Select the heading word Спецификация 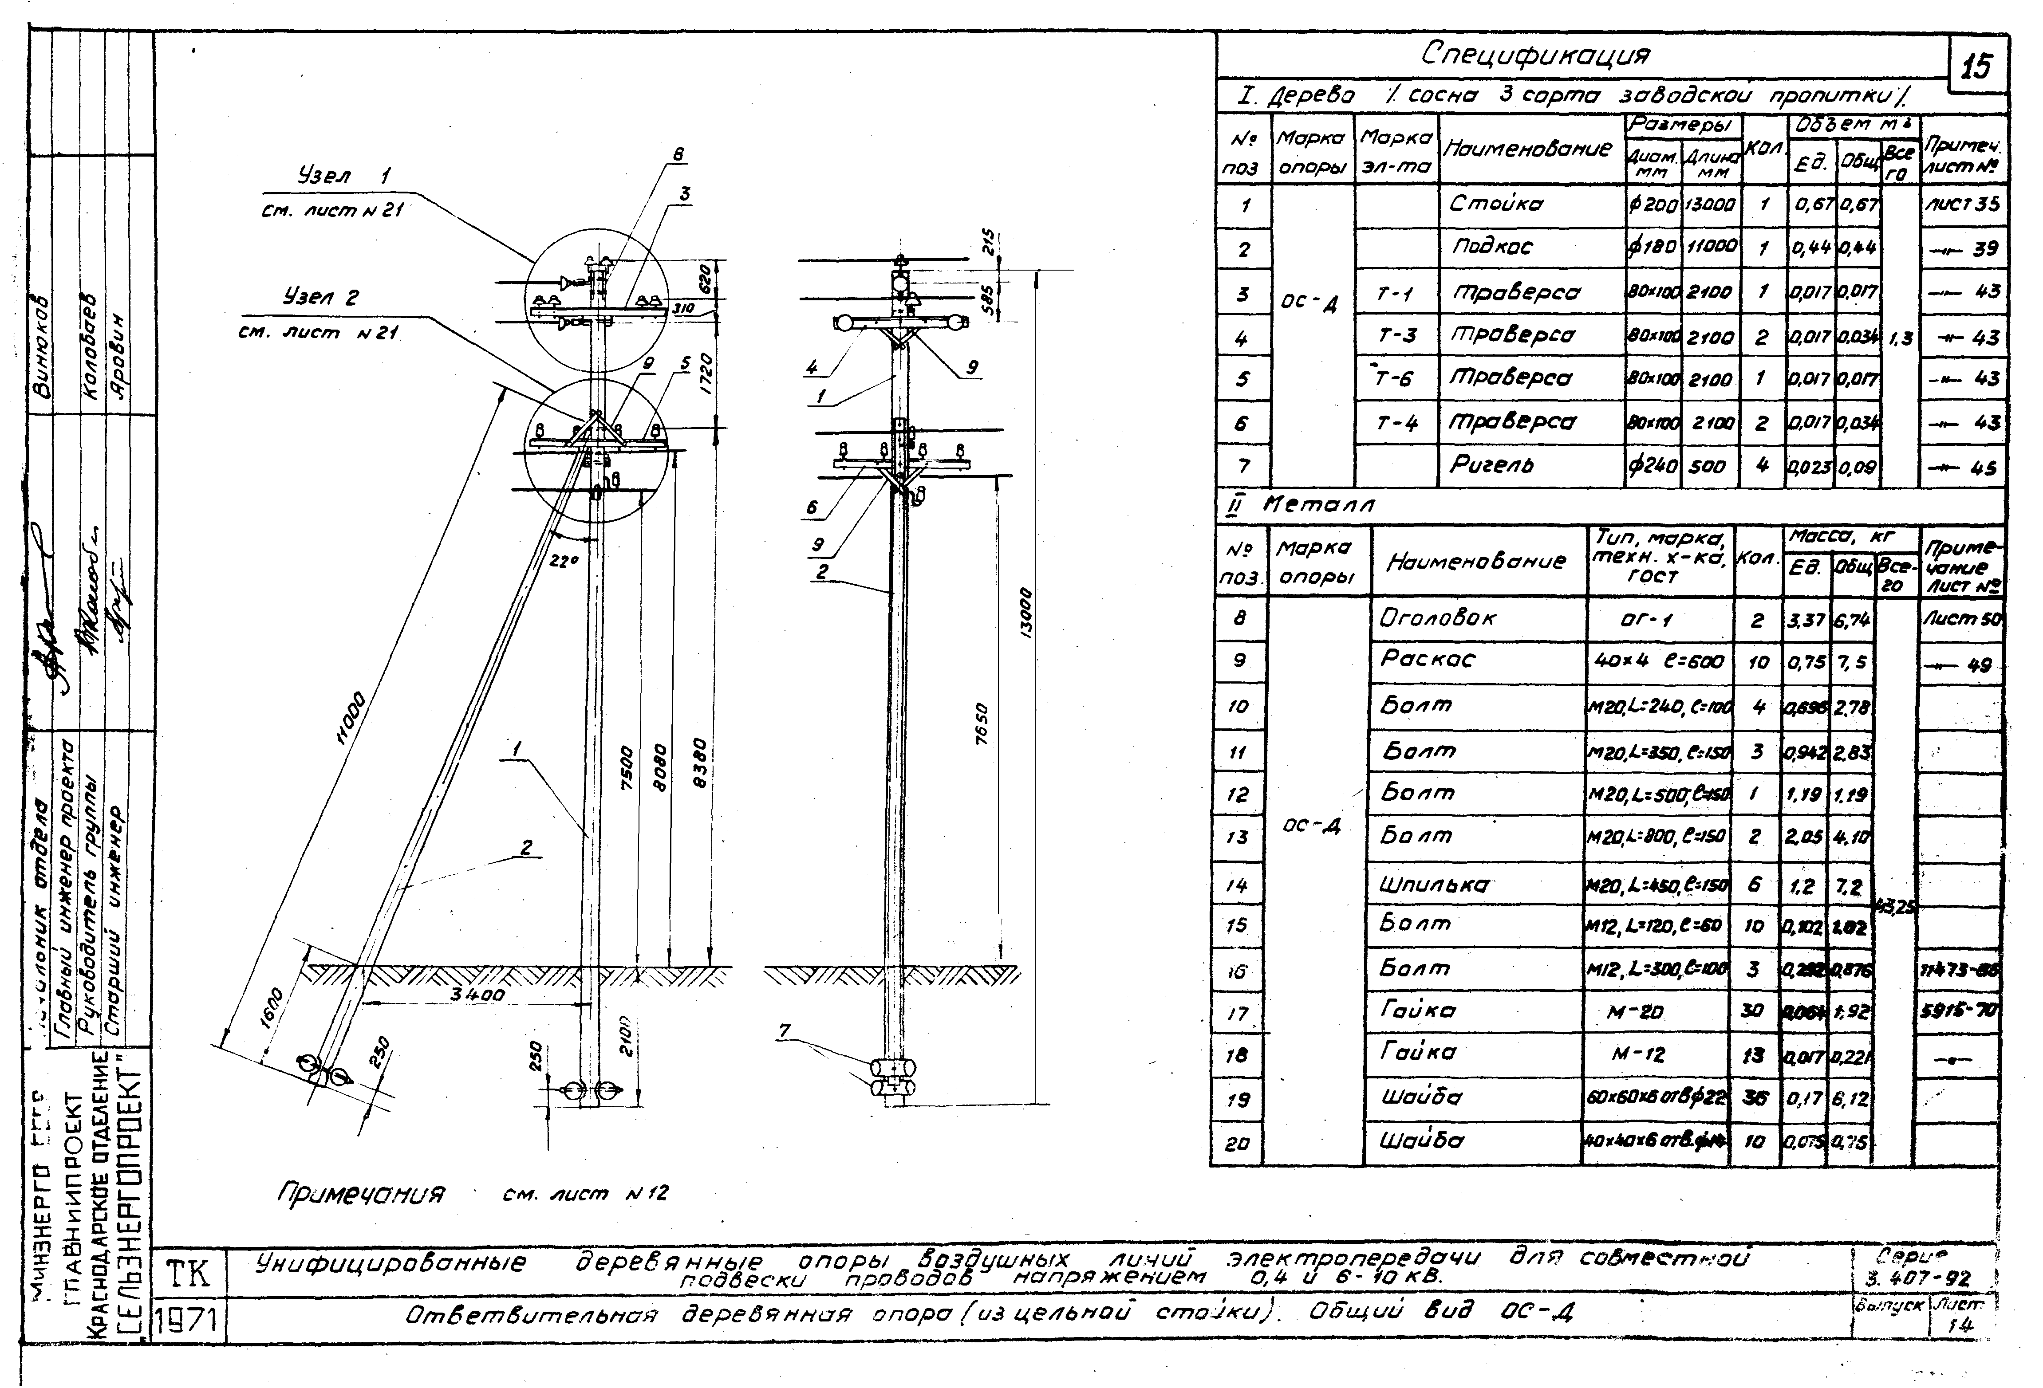(1536, 55)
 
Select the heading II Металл (1301, 504)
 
